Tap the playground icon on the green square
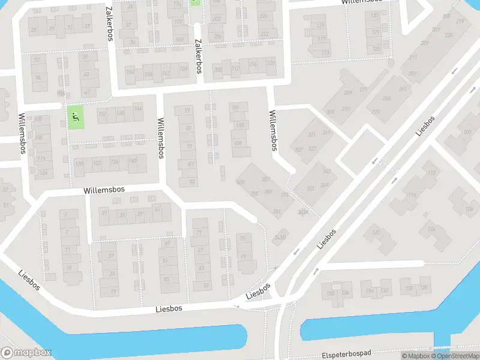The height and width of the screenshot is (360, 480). (x=75, y=117)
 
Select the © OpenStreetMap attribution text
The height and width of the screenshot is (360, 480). (x=454, y=356)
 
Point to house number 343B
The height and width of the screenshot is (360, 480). (x=279, y=238)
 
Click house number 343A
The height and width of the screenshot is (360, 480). (x=303, y=211)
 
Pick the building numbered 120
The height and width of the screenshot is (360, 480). (x=376, y=233)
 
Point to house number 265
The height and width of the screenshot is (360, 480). (x=387, y=98)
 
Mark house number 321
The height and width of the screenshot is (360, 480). (x=311, y=135)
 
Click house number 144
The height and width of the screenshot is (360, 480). (x=138, y=109)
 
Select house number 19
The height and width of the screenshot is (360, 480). (x=113, y=292)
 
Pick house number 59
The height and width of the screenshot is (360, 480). (x=206, y=285)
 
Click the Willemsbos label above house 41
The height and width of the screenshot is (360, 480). (x=104, y=189)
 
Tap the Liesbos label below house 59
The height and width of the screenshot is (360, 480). (x=168, y=308)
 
